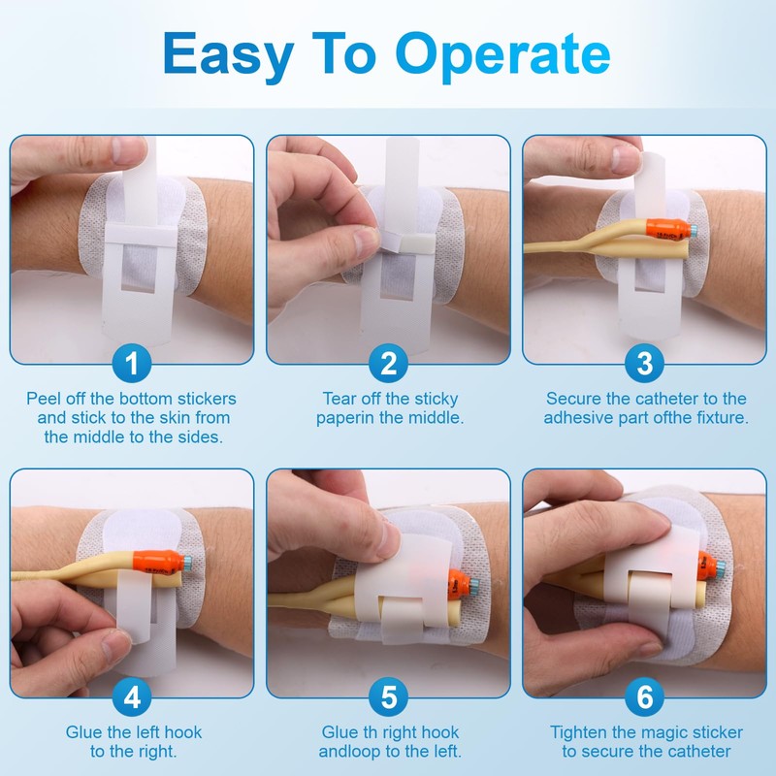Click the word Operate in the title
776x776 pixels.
pos(502,55)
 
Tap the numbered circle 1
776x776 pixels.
pos(132,363)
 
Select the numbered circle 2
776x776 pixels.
pos(389,363)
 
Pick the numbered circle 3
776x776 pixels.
pos(644,363)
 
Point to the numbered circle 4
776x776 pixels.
pos(132,696)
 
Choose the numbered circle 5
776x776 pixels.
pos(389,696)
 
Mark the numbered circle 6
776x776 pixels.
pos(644,696)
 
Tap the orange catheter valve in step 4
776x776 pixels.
pos(162,563)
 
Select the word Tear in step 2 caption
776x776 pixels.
pos(339,399)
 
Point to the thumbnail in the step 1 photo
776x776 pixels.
pos(125,150)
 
